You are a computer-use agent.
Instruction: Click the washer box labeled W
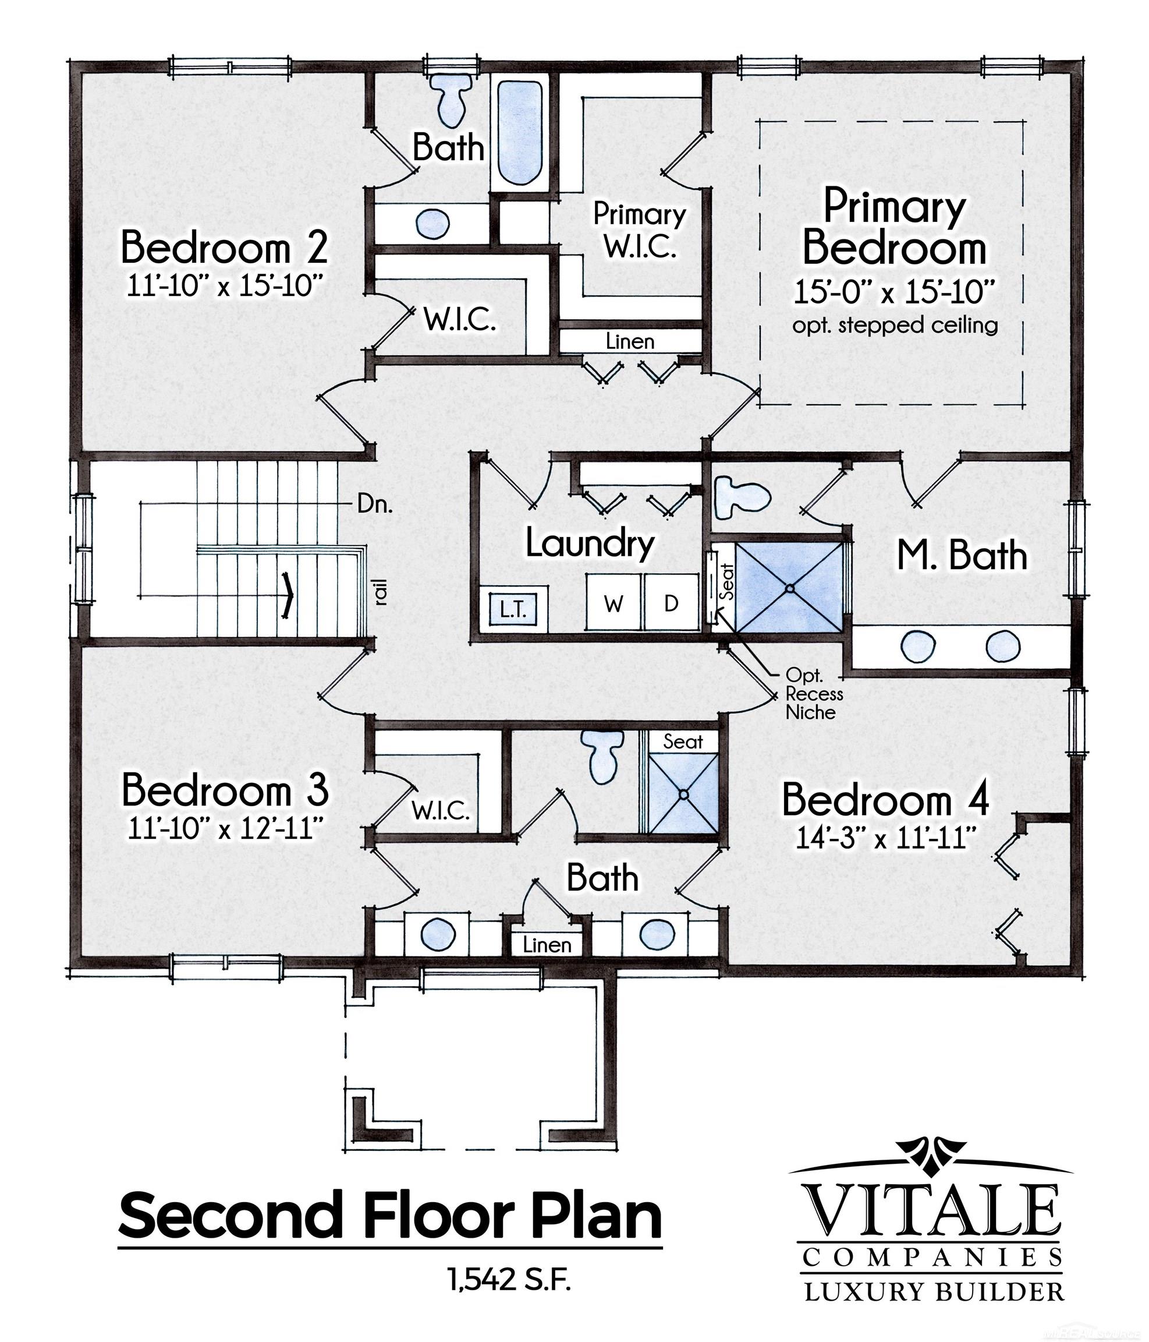click(x=613, y=602)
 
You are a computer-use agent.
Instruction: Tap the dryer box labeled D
click(x=672, y=602)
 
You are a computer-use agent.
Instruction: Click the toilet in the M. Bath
click(x=742, y=497)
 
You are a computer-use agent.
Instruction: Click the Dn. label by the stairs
click(x=375, y=504)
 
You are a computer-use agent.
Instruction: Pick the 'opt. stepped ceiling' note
click(x=895, y=324)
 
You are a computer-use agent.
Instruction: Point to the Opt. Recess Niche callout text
click(x=814, y=694)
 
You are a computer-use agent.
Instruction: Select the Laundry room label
click(x=590, y=543)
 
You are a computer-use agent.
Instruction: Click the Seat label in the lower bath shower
click(x=682, y=741)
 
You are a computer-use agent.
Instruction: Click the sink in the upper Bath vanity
click(x=432, y=224)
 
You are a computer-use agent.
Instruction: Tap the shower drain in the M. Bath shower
click(x=790, y=589)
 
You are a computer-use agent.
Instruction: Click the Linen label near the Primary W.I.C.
click(x=630, y=341)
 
